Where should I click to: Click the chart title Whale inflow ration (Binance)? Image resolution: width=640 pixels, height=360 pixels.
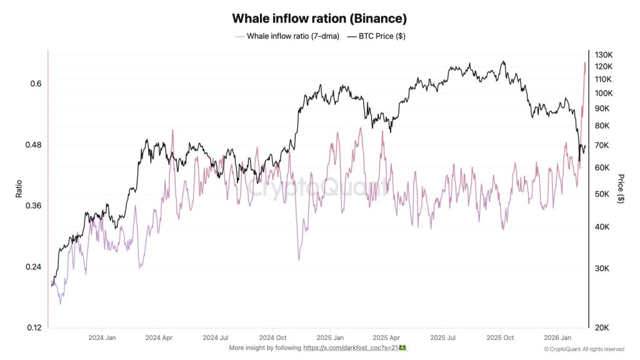click(319, 18)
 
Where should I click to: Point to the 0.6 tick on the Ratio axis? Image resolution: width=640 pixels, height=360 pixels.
click(36, 84)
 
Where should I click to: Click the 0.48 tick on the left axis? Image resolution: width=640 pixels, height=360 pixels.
click(34, 145)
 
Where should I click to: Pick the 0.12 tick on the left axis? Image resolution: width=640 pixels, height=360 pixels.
click(34, 327)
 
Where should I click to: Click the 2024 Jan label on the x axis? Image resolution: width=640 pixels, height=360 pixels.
click(102, 337)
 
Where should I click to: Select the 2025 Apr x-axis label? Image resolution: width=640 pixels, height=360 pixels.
click(386, 337)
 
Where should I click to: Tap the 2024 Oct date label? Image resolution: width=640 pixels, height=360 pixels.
click(273, 337)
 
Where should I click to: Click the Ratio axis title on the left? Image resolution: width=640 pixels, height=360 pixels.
click(19, 189)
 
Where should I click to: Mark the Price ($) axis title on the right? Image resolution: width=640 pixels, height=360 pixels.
click(620, 189)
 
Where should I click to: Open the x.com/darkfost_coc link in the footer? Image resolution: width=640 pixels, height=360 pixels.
click(354, 347)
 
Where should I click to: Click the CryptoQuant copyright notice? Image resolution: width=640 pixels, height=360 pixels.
click(583, 349)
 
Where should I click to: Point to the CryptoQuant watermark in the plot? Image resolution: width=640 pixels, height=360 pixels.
click(319, 187)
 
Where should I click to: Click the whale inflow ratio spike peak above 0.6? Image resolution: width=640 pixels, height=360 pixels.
click(585, 62)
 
